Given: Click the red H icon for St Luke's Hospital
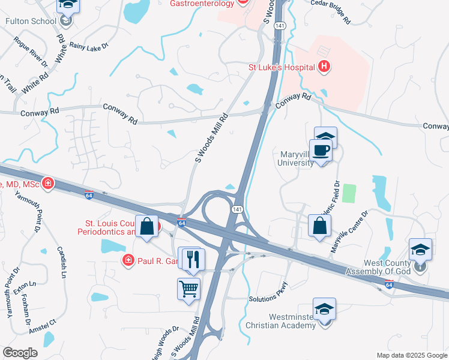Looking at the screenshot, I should (324, 67).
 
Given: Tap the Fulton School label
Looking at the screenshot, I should (30, 21).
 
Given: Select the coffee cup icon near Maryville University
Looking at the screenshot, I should (320, 151).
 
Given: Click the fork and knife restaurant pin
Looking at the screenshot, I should (193, 259).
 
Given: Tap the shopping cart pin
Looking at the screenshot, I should (188, 289).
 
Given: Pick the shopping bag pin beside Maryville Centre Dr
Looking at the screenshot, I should (320, 226).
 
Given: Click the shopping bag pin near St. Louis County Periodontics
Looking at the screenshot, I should (147, 227).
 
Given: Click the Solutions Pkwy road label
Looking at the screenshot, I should (268, 298).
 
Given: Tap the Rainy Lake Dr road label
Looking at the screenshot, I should (89, 44).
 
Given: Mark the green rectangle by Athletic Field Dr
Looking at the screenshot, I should (349, 193).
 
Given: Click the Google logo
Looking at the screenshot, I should (20, 353).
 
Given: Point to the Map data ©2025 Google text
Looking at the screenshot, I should (411, 355).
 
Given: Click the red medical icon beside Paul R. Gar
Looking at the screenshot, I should (128, 260).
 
